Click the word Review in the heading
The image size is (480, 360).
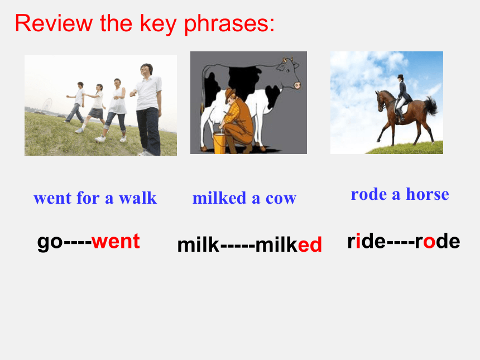click(x=54, y=23)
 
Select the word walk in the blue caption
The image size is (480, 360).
click(x=138, y=198)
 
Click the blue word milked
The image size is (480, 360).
click(x=219, y=198)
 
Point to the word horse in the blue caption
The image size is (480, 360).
click(x=428, y=194)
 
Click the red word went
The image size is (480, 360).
click(x=116, y=241)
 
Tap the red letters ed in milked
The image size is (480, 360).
click(x=310, y=244)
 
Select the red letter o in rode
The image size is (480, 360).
click(x=429, y=242)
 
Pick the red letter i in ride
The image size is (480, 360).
click(x=358, y=241)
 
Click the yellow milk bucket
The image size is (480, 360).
click(x=219, y=142)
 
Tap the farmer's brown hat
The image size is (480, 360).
click(x=229, y=94)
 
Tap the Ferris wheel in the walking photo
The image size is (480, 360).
click(x=47, y=104)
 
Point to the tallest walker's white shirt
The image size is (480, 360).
click(x=148, y=93)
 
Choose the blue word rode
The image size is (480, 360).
click(x=369, y=194)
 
